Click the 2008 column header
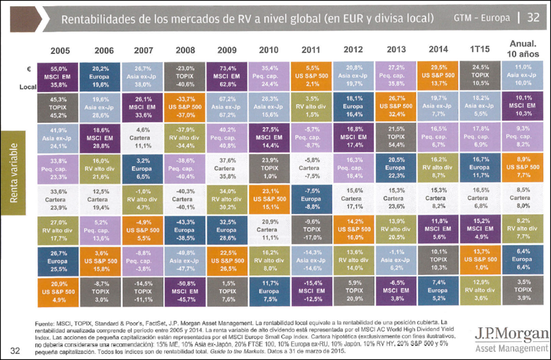point(185,49)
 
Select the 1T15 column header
point(480,49)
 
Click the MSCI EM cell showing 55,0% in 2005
point(58,77)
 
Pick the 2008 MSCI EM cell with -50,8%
point(185,290)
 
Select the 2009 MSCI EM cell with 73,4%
point(227,77)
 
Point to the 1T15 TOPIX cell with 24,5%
point(480,77)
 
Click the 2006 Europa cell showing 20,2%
point(100,77)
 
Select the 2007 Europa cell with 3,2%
point(143,168)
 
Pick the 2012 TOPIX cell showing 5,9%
point(354,290)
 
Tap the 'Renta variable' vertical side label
point(14,173)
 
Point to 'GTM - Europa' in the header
point(482,18)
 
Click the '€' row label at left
point(29,69)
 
